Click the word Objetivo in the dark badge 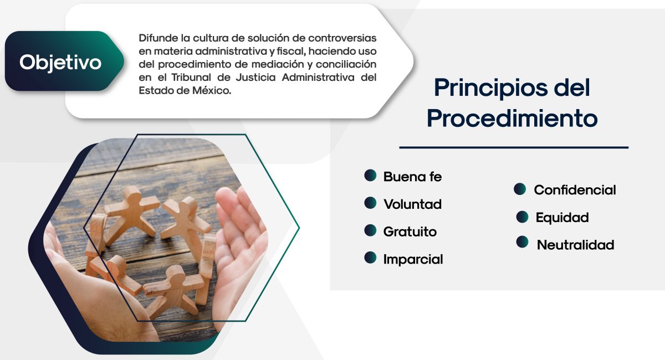pos(60,63)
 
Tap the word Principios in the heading pos(490,88)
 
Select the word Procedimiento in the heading pos(512,119)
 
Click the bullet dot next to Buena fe pos(370,176)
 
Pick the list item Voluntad pos(412,204)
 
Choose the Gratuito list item pos(410,232)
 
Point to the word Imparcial pos(413,259)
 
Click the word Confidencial pos(575,190)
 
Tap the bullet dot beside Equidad pos(522,217)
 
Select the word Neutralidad pos(575,245)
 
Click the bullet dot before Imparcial pos(370,258)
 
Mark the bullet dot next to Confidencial pos(520,189)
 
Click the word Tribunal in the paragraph pos(191,78)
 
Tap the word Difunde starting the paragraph pos(158,38)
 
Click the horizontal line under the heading pos(514,147)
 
